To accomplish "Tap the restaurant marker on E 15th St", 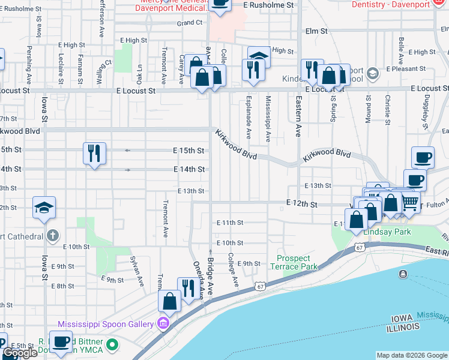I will (95, 154).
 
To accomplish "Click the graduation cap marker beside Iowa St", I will (44, 208).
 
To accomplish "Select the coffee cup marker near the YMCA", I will (61, 342).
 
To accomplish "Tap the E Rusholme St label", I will (271, 4).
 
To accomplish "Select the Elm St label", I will (316, 31).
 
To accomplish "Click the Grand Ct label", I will (190, 23).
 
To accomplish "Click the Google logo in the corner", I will (20, 353).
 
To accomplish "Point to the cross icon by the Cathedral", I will (53, 235).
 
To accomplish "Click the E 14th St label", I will (189, 169).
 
